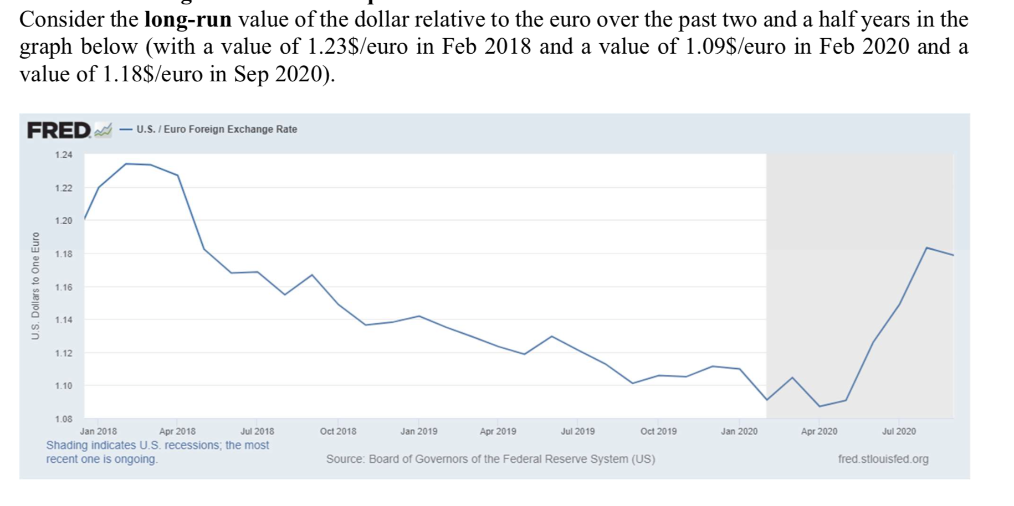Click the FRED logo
59,131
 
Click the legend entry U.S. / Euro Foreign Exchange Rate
216,129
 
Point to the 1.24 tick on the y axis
64,155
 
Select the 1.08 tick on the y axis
64,419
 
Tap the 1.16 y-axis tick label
64,287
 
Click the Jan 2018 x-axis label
99,431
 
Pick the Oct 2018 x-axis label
338,431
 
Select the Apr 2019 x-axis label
498,431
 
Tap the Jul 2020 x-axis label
899,431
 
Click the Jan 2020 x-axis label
739,431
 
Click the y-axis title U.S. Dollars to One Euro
35,286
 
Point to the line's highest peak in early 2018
126,164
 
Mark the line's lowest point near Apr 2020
820,406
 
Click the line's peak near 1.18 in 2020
927,247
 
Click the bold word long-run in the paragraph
188,20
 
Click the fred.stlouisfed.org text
883,459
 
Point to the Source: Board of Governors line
490,459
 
